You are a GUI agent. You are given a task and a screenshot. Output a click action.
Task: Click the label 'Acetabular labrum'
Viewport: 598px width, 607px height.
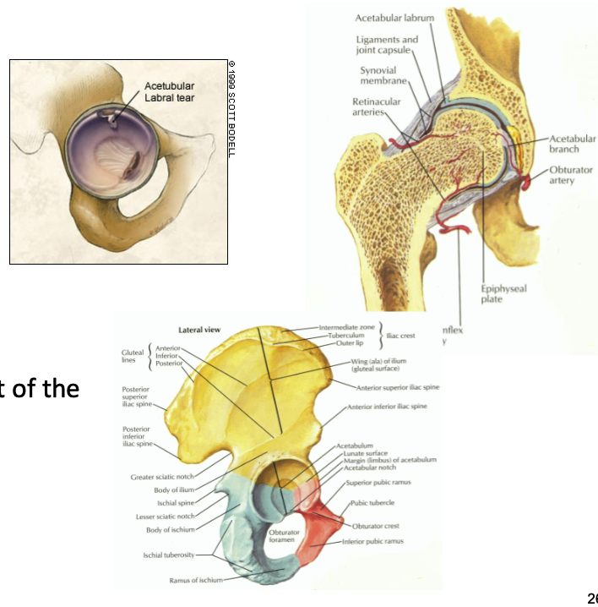click(394, 18)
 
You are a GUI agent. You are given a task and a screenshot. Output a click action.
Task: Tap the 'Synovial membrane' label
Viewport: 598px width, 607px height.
click(383, 75)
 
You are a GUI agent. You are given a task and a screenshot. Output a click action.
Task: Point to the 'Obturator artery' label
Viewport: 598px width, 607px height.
click(571, 175)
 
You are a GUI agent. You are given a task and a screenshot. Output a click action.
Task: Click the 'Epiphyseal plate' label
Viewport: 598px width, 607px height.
click(503, 293)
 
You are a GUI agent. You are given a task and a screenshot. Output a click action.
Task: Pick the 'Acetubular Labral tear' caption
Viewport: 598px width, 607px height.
click(169, 92)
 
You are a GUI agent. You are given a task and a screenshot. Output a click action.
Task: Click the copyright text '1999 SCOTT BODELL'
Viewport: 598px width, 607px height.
click(231, 110)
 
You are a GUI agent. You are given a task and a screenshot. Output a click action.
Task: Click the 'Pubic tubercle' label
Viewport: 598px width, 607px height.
click(372, 502)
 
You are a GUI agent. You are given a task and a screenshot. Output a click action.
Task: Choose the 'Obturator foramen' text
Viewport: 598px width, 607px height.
click(284, 536)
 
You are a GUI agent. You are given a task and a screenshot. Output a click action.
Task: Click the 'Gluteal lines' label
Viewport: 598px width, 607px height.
click(133, 356)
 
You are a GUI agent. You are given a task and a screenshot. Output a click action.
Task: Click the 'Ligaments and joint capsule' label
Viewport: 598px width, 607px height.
click(387, 45)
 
